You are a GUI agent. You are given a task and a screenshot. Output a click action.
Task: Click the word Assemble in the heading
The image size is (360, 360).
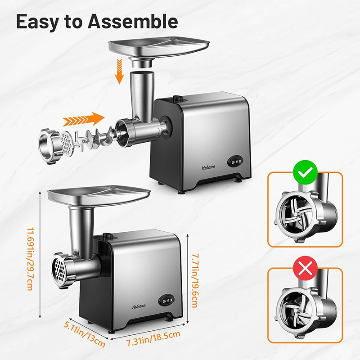(133, 21)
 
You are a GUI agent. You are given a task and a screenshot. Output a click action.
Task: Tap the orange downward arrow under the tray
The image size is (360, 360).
(119, 71)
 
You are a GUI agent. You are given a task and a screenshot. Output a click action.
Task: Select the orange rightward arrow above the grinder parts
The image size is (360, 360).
(84, 119)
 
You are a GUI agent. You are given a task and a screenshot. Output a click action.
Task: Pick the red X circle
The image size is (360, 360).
(306, 268)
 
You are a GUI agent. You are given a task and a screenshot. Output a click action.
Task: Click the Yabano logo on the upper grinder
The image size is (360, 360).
(208, 167)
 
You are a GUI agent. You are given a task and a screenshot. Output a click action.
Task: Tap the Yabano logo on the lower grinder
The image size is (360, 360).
(139, 306)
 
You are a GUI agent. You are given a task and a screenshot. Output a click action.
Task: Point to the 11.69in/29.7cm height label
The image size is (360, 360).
(31, 259)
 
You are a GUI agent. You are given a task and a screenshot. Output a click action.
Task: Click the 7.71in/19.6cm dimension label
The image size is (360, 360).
(195, 280)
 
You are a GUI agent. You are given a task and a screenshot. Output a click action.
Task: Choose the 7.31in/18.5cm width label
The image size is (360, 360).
(154, 338)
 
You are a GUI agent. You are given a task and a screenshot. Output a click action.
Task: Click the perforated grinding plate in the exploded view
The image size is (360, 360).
(67, 144)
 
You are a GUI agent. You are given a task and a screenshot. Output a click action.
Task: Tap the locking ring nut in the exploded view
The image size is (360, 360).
(49, 146)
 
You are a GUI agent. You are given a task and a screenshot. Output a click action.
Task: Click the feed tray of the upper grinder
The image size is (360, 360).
(159, 47)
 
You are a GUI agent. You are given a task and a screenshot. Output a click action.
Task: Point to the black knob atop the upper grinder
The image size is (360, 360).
(177, 99)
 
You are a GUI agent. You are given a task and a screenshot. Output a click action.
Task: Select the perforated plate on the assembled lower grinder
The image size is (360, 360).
(58, 270)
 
